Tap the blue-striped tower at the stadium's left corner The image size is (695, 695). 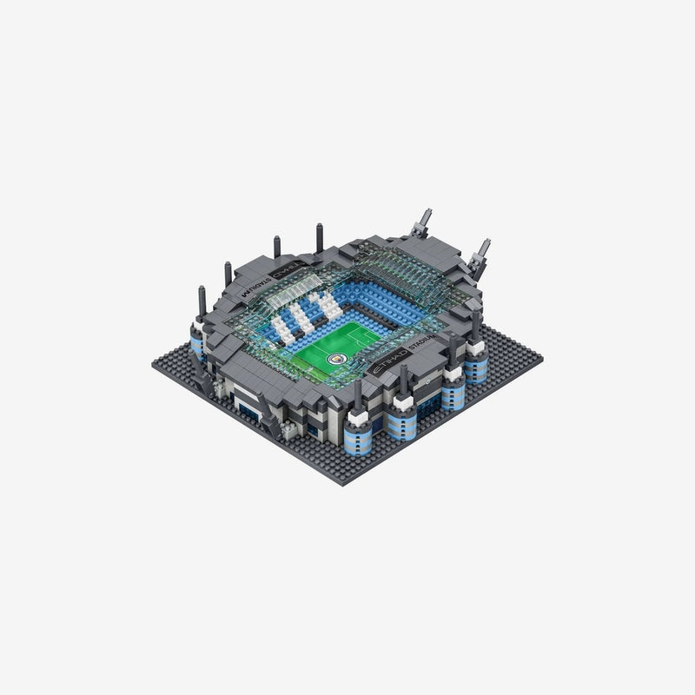[197, 344]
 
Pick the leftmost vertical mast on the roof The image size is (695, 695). [202, 295]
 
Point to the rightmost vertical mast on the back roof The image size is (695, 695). [319, 235]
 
